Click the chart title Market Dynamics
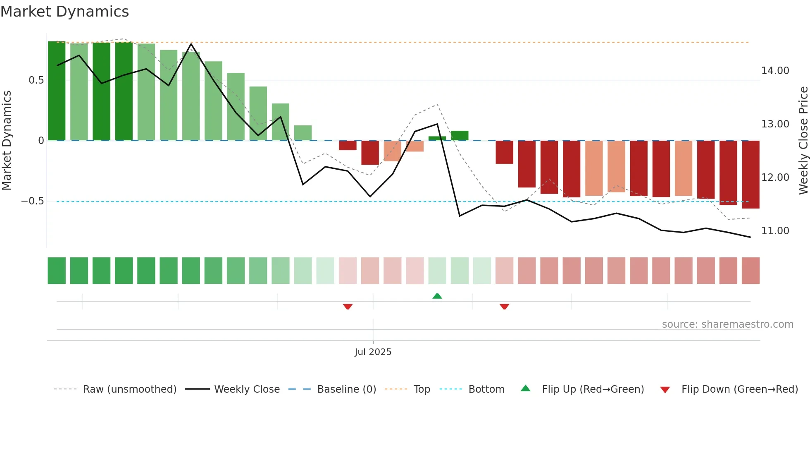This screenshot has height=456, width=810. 65,12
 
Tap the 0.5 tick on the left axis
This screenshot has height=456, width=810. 36,80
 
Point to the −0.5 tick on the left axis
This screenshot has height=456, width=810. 33,201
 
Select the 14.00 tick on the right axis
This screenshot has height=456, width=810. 775,71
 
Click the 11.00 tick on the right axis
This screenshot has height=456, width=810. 775,231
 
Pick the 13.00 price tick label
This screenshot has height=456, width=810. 775,124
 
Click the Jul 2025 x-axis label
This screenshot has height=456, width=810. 373,352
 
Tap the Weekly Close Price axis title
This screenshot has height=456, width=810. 803,141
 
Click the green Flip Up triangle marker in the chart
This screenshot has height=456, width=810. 437,296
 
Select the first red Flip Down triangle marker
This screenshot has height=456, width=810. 348,307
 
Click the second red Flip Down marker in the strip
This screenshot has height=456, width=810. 504,307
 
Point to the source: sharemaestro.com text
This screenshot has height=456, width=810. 727,324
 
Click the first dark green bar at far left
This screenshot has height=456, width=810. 57,91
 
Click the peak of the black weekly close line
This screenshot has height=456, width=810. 191,44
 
